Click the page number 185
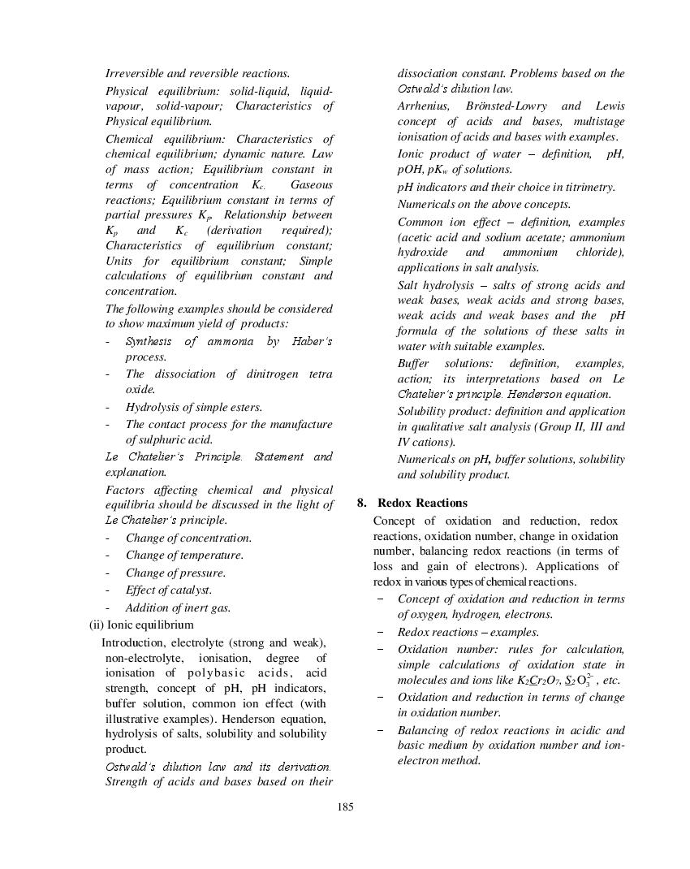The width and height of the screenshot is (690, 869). tap(345, 806)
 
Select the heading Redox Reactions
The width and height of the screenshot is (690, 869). tap(422, 503)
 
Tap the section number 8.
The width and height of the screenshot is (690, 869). tap(362, 503)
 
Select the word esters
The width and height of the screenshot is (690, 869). tap(245, 407)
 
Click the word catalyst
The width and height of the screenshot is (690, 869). tap(189, 590)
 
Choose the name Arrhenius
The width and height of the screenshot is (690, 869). tap(425, 106)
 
